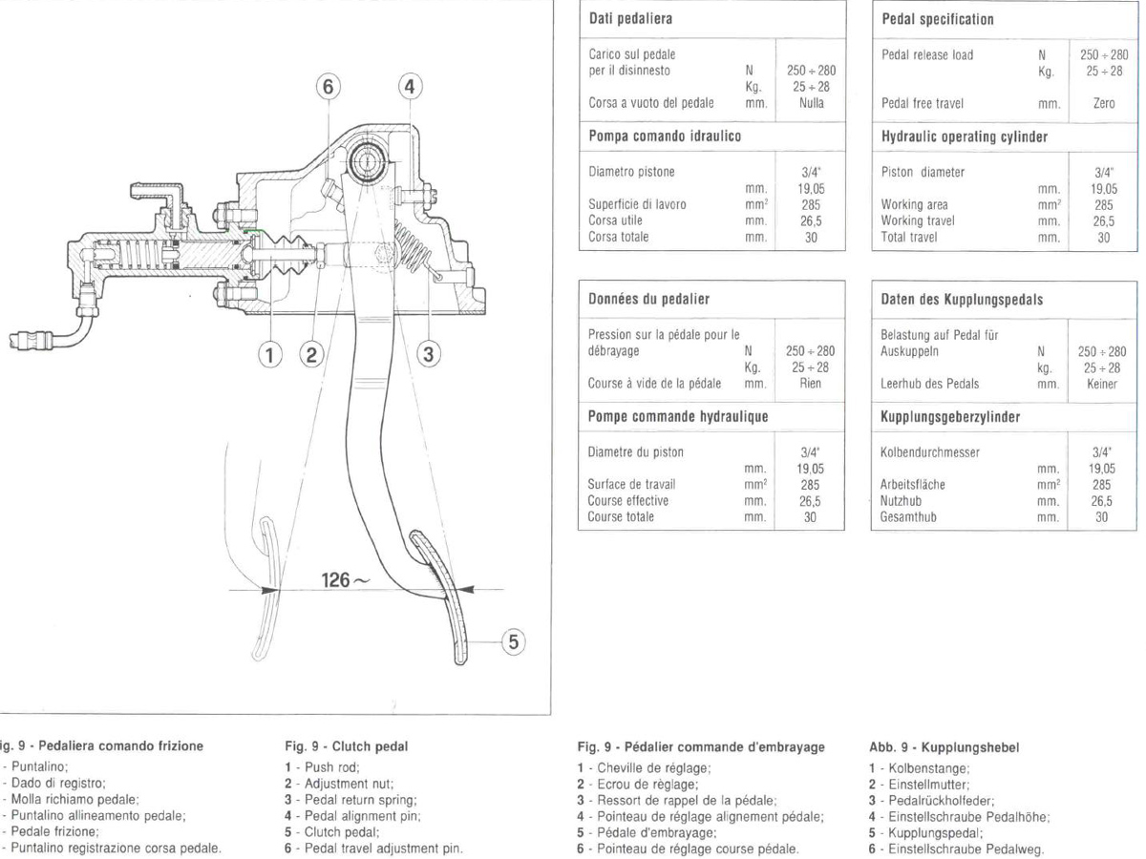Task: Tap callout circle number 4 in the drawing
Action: tap(409, 87)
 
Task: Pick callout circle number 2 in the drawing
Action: tap(310, 355)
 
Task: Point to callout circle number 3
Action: tap(429, 355)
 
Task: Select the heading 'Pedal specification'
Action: tap(937, 19)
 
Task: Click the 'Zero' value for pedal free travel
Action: tap(1103, 103)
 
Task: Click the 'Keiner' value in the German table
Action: tap(1103, 384)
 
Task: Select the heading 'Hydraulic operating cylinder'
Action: tap(965, 136)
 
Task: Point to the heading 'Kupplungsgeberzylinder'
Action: tap(950, 417)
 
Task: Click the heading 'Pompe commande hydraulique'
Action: tap(678, 417)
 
